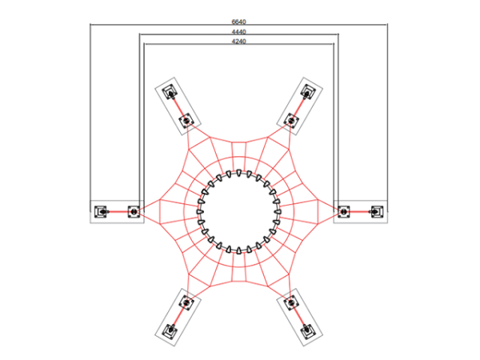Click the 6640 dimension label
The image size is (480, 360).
238,22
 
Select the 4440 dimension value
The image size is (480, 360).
238,32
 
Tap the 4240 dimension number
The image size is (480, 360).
238,42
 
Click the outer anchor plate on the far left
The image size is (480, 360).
101,211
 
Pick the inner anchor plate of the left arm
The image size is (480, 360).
134,211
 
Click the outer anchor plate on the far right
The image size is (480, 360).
377,211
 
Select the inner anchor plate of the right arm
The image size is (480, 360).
344,211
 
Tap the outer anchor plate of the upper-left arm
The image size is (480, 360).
170,92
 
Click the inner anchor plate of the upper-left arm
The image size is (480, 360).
186,120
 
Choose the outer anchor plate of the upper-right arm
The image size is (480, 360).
308,92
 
